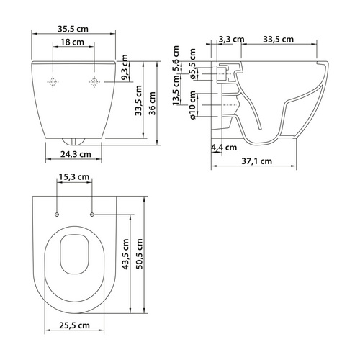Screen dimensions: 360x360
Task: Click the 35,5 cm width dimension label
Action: [73, 29]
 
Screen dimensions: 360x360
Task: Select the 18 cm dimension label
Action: [72, 42]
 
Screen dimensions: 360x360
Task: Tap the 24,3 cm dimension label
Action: [76, 154]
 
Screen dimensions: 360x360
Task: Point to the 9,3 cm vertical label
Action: [125, 68]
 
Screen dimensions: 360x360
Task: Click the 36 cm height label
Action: [152, 103]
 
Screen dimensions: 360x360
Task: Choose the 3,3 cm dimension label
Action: [231, 39]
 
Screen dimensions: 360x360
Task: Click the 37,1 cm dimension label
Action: [257, 161]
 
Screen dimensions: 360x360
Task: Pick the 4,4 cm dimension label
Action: [224, 148]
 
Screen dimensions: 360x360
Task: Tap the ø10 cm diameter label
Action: [192, 105]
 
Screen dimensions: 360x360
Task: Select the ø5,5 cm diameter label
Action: [192, 64]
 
